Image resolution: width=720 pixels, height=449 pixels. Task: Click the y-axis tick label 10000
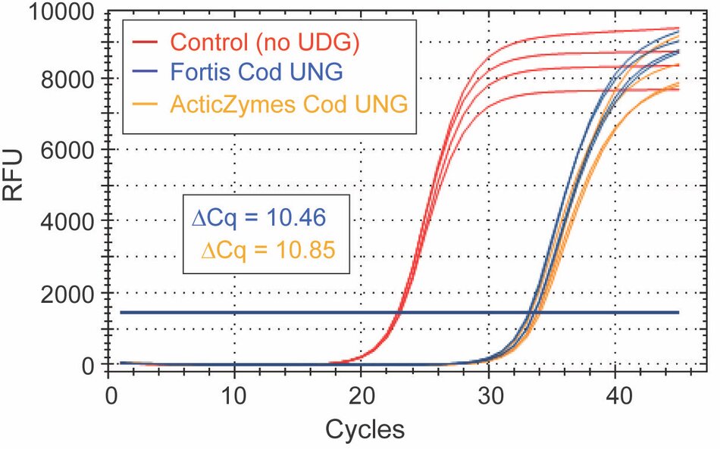(x=53, y=13)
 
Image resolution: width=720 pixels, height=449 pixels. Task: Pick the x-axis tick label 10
(x=234, y=394)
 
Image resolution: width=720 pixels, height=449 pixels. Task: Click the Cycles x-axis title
(x=365, y=429)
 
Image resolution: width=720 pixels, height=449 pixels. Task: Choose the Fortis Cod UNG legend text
(x=257, y=72)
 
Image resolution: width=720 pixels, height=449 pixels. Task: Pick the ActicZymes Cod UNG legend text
(x=289, y=103)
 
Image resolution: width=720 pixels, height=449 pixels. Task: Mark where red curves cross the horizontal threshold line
(x=399, y=312)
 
